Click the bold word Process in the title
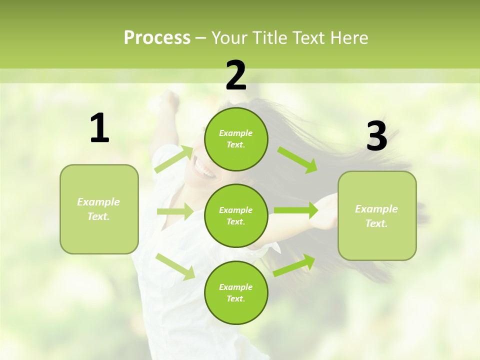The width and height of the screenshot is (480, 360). [x=157, y=38]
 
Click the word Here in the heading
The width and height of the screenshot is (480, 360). [x=348, y=38]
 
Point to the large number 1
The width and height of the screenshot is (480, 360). [x=99, y=128]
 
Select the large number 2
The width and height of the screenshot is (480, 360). [x=236, y=75]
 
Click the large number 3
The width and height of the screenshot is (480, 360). [x=377, y=136]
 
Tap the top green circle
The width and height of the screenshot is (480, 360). [x=236, y=139]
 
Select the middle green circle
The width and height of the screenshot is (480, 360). [x=236, y=215]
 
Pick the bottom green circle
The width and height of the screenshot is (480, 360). [x=236, y=292]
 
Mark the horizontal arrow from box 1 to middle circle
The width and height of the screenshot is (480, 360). [x=174, y=211]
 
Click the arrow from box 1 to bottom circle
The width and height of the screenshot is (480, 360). [x=175, y=266]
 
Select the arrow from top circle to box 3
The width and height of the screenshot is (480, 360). [x=297, y=159]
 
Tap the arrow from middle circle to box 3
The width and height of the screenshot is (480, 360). [x=295, y=210]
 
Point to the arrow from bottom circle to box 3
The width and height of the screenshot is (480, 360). [x=294, y=265]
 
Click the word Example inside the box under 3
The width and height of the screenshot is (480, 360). [x=376, y=209]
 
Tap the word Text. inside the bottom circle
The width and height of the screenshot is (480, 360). [x=235, y=298]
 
